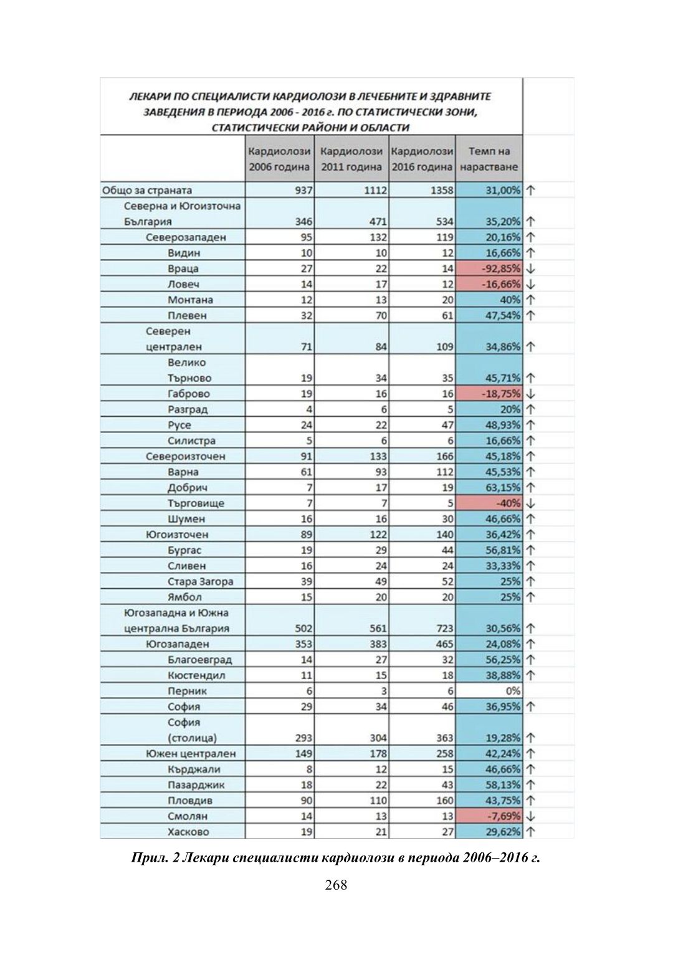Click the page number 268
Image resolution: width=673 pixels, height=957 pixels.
pos(336,885)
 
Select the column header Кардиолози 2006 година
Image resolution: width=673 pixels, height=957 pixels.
pos(279,159)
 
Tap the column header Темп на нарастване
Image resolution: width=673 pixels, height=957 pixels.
pos(489,159)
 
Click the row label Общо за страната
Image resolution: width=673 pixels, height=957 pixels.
pos(147,191)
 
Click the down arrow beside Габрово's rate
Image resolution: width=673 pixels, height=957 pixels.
pos(531,394)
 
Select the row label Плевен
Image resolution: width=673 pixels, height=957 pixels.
pos(187,316)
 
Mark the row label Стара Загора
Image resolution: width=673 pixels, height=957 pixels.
pos(201,582)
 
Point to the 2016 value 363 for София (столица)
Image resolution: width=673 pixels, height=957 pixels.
pos(444,738)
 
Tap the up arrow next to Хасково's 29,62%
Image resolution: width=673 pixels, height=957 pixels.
pos(531,832)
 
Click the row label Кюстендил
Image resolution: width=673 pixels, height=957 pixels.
pos(196,675)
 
